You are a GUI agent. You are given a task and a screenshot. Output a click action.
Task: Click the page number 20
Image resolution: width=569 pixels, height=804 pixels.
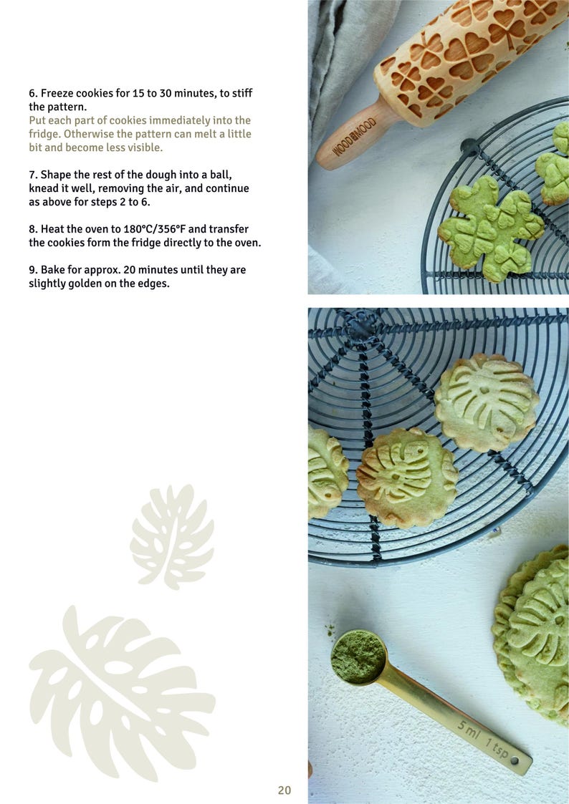(284, 790)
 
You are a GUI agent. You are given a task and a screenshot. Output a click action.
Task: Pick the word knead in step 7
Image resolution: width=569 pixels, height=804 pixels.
(43, 188)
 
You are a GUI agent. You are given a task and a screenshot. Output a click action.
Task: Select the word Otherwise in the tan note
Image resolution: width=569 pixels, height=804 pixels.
(88, 134)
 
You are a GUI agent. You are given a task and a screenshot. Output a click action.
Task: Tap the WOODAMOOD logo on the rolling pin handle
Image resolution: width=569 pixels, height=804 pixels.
(354, 136)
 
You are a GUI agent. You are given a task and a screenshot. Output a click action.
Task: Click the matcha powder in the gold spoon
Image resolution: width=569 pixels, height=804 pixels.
(358, 656)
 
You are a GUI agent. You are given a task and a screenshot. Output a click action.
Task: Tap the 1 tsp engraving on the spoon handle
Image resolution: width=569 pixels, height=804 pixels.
(497, 748)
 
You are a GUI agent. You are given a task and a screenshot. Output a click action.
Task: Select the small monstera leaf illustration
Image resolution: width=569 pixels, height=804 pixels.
(172, 536)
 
